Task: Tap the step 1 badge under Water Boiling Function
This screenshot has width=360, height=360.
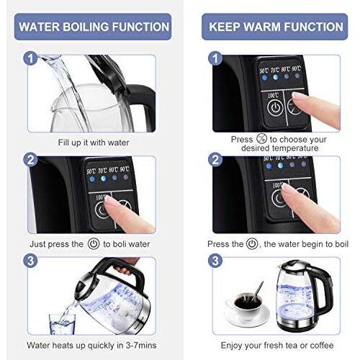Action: [x=30, y=57]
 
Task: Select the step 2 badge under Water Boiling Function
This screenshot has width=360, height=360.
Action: [x=30, y=159]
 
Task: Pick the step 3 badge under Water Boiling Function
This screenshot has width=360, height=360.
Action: [x=30, y=261]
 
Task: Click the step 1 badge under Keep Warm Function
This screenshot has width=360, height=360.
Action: [x=214, y=57]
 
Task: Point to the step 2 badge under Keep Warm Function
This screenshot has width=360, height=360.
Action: [x=214, y=159]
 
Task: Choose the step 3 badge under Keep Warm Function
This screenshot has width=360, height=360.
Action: [x=214, y=261]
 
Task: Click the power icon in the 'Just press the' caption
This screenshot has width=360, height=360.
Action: [x=93, y=244]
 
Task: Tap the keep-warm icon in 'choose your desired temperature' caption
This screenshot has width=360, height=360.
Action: [x=259, y=138]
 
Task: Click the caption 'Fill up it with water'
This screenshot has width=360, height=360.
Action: [x=91, y=142]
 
